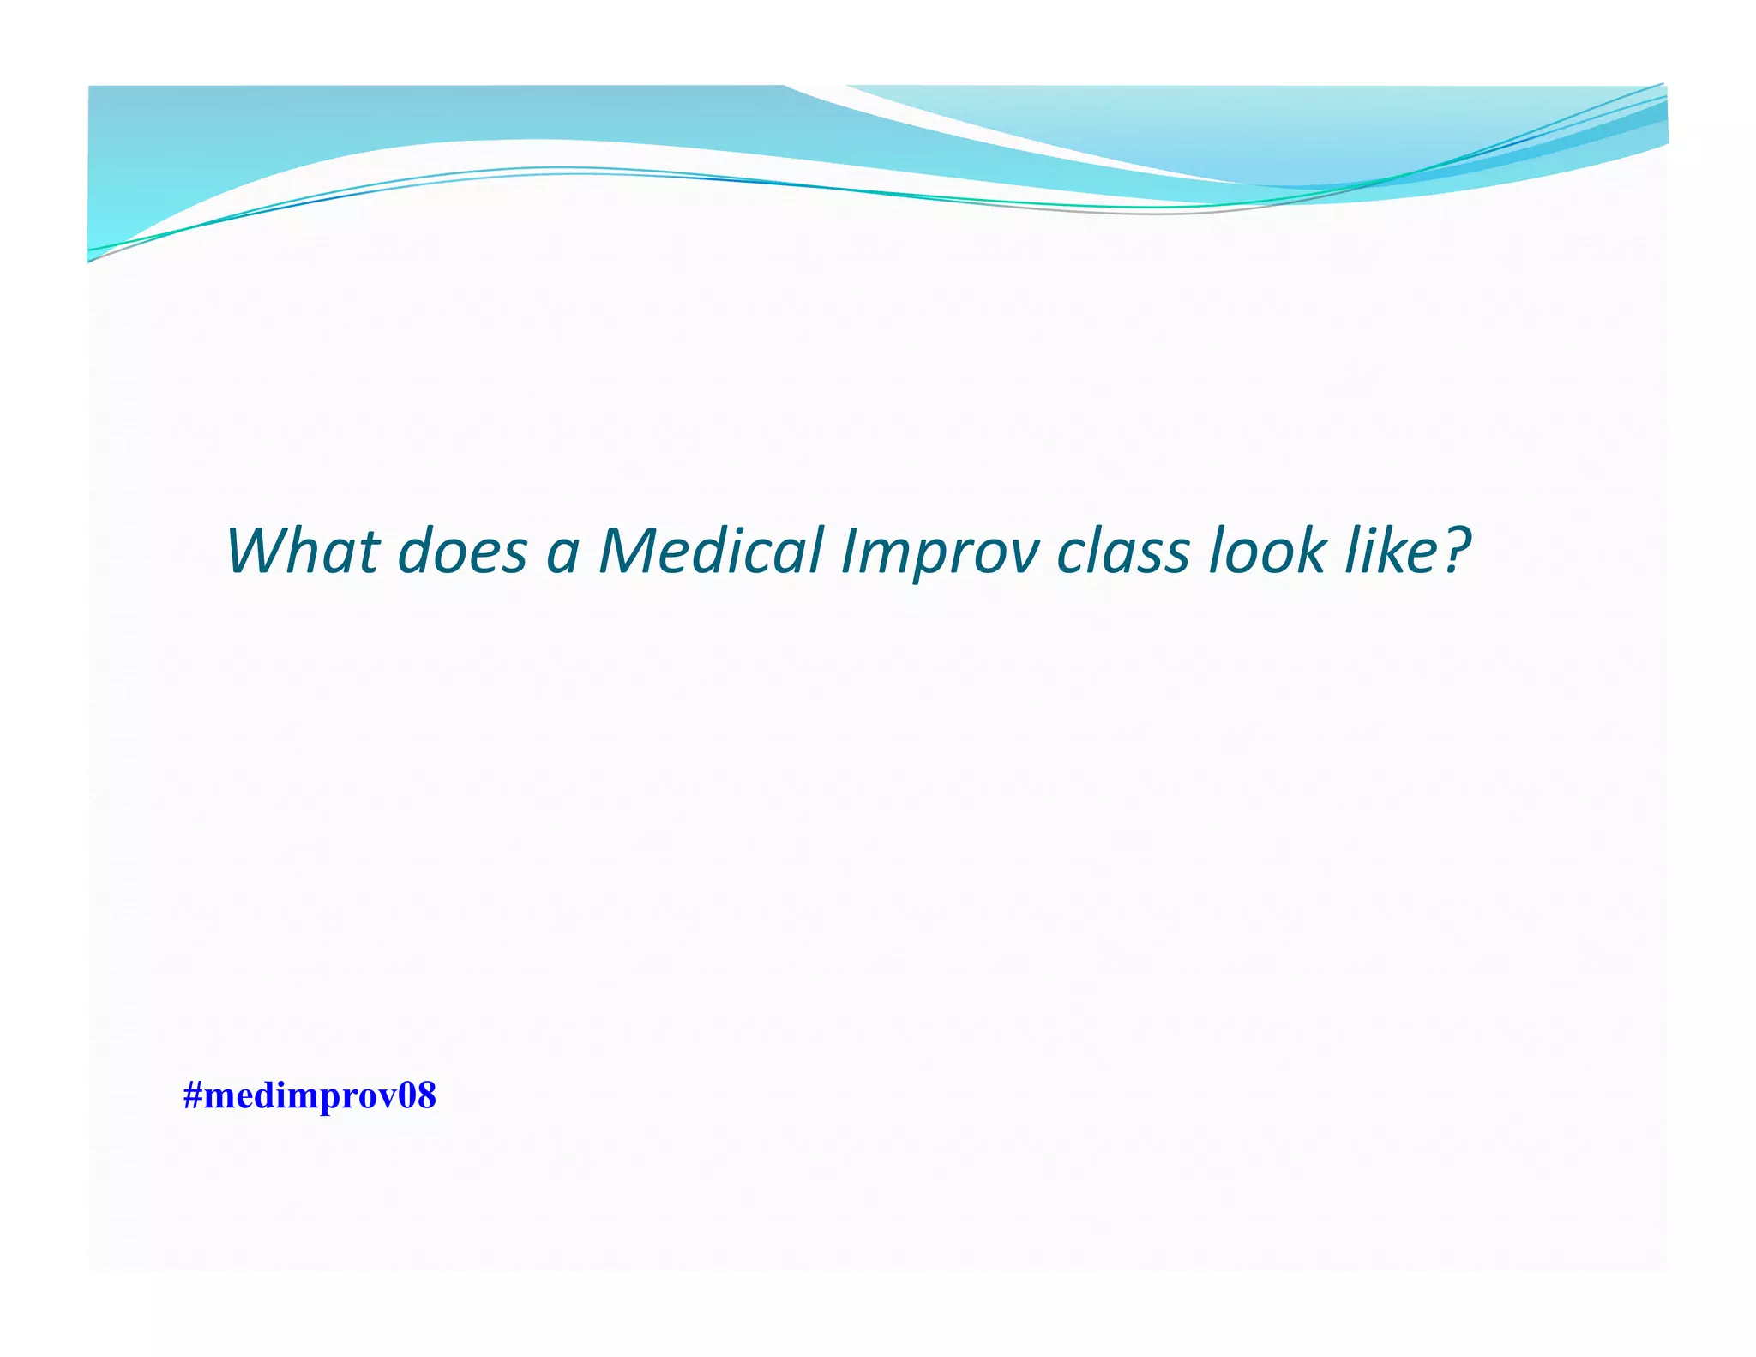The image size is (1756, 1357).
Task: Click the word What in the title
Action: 303,550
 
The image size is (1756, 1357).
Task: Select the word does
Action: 463,550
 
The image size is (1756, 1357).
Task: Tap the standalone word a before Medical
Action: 562,553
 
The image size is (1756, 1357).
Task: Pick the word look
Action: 1266,550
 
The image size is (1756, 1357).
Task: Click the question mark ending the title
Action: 1456,550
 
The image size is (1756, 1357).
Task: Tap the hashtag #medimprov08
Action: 310,1096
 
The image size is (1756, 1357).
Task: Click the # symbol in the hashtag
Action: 193,1096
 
